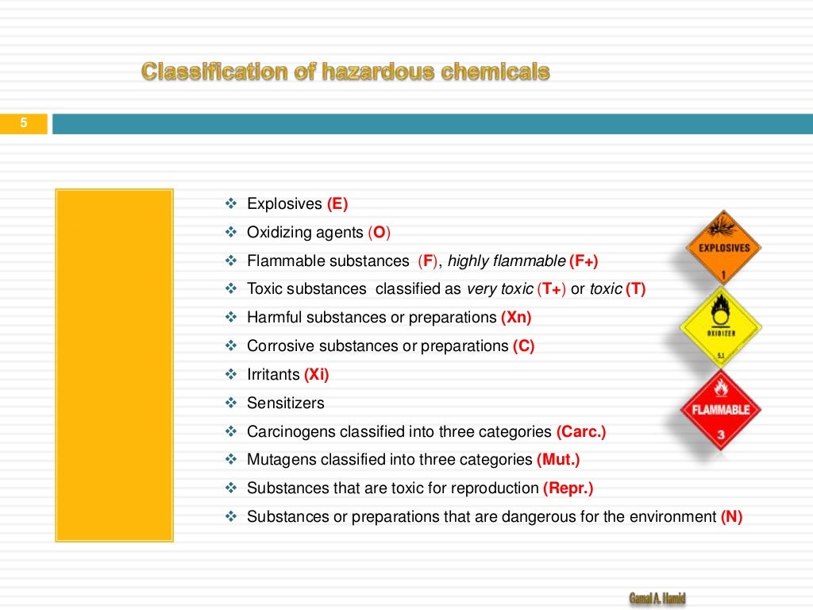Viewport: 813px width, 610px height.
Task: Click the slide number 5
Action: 24,123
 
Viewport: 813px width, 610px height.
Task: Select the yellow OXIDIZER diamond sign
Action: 721,326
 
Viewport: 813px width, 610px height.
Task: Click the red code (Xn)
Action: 516,318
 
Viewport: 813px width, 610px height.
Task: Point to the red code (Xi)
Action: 316,374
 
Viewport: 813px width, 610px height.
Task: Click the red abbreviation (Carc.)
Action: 581,431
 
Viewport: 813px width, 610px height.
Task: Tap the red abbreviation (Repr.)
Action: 568,488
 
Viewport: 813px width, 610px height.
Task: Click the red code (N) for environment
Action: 731,517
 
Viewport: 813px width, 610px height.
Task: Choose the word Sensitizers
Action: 286,403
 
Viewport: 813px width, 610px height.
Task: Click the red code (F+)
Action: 584,261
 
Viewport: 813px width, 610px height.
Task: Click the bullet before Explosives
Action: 232,204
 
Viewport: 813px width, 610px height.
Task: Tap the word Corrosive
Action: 276,346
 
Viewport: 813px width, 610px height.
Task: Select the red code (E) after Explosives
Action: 337,204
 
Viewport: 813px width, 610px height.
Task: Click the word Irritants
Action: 274,374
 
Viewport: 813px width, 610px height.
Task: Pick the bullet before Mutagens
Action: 232,460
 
